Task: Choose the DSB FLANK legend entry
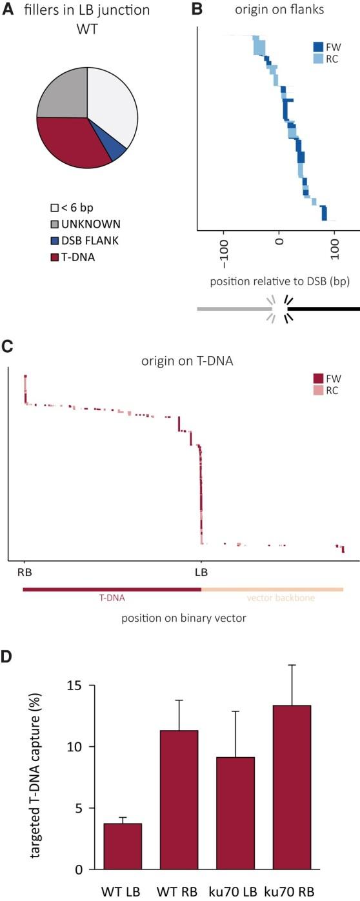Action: click(86, 239)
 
